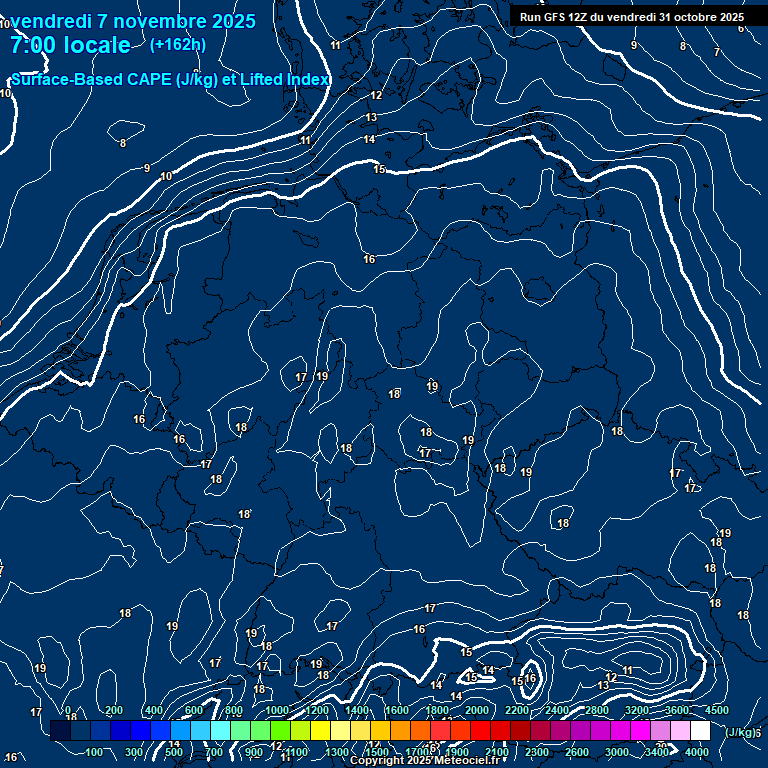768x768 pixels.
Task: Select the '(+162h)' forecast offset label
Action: pos(178,44)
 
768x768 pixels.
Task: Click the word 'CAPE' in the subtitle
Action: pos(127,79)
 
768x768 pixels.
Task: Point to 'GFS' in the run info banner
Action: pos(556,17)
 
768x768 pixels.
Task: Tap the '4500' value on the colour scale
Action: pos(717,710)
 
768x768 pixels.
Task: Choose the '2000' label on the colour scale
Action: pos(477,710)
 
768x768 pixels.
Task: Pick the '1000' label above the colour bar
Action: pos(277,710)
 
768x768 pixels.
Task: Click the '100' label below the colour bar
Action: pos(96,752)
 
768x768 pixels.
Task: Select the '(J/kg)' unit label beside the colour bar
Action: pos(739,732)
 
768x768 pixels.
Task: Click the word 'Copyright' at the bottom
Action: pos(375,761)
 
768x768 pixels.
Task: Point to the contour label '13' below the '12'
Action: pos(371,118)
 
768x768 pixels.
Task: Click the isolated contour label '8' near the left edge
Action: pos(123,143)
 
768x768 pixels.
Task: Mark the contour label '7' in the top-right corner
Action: pos(716,52)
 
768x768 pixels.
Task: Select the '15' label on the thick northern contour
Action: pos(379,170)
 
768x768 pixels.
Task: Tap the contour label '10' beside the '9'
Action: pos(166,176)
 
